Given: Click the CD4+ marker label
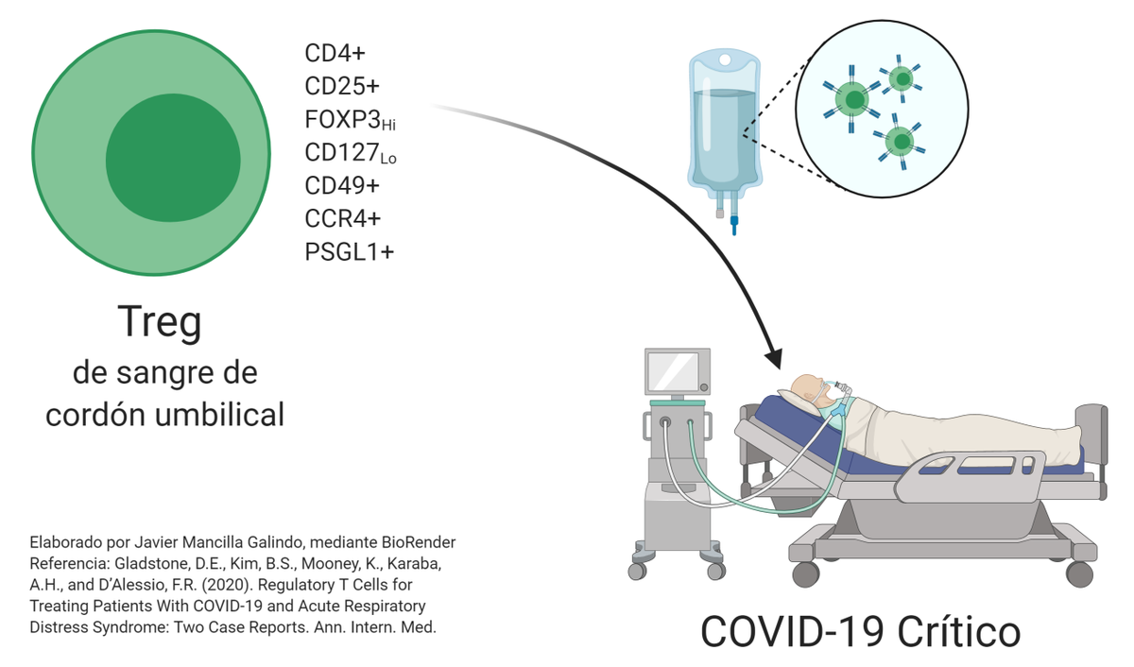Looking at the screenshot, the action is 335,53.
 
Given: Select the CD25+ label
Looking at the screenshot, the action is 342,86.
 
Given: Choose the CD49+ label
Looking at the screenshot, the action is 342,186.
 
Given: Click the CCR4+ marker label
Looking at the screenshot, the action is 342,218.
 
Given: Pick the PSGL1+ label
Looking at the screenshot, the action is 350,252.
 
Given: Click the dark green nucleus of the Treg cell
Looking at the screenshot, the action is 173,158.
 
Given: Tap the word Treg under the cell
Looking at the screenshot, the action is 160,322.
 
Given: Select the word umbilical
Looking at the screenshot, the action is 219,415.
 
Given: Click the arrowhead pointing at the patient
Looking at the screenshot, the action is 774,358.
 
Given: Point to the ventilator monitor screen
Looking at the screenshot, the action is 673,371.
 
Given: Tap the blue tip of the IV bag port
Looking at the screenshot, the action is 734,226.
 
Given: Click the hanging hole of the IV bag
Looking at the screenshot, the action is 725,60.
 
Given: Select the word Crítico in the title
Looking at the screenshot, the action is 958,632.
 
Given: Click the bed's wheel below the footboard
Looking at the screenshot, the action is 1079,573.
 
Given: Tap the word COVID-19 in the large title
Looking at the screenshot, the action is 792,632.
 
